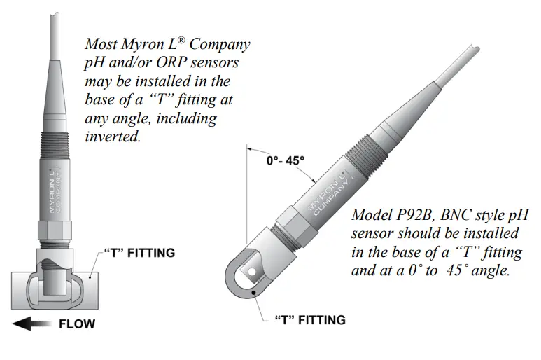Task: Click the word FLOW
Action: [x=76, y=324]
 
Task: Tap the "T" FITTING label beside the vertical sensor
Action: [x=139, y=252]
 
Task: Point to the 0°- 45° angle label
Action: [x=286, y=160]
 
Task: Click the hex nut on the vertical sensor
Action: [x=55, y=228]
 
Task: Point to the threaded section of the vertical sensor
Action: [x=55, y=148]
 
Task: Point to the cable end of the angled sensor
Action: [x=473, y=53]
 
